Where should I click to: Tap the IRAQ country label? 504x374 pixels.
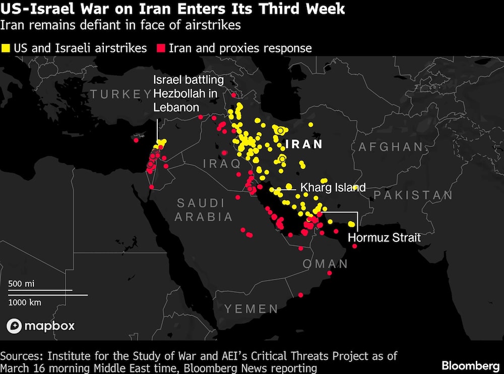click(x=222, y=163)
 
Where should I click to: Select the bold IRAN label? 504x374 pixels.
click(x=304, y=144)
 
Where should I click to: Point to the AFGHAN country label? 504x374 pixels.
click(x=391, y=147)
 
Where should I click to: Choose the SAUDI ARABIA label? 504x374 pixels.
click(x=204, y=210)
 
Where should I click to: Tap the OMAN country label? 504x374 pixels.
click(x=325, y=263)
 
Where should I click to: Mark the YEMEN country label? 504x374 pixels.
click(x=251, y=308)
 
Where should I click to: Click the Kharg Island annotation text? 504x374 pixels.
click(x=333, y=188)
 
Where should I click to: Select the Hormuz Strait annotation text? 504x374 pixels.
click(x=384, y=237)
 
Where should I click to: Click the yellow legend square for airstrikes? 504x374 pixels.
click(x=7, y=48)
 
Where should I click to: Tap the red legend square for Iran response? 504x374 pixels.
click(x=161, y=48)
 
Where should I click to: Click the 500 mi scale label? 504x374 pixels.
click(x=21, y=284)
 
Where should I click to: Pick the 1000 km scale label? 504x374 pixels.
click(x=25, y=302)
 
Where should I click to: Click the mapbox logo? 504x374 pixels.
click(x=40, y=326)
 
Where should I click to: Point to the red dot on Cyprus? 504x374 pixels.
click(x=136, y=140)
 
